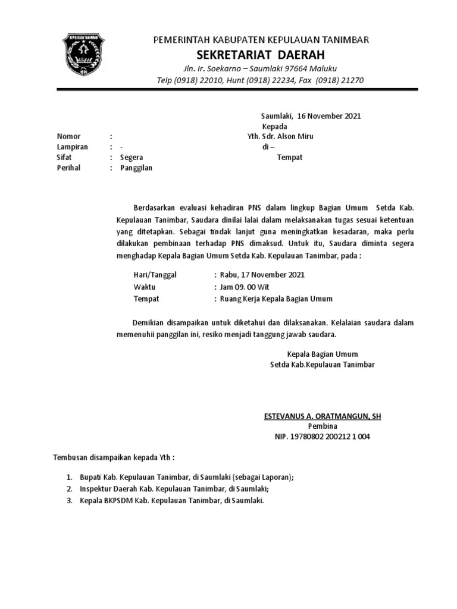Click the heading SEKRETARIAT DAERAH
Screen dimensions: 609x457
point(261,55)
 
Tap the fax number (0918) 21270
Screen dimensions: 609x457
point(340,80)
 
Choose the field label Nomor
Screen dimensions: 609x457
point(68,136)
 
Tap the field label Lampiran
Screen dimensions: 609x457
point(72,147)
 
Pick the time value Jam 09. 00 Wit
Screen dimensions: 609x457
point(242,287)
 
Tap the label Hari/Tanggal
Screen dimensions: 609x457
point(155,275)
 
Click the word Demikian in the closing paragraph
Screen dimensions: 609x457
point(150,322)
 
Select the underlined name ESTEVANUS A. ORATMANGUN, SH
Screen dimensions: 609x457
point(323,416)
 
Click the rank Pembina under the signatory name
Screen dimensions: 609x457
point(323,426)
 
